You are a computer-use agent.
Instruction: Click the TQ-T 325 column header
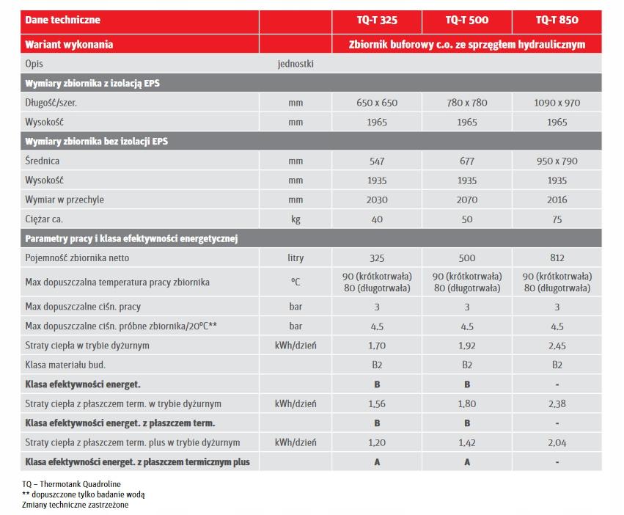pos(377,21)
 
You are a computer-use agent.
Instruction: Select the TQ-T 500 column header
pos(466,21)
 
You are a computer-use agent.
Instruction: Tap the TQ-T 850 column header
pos(557,21)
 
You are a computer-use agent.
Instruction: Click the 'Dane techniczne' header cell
pos(62,21)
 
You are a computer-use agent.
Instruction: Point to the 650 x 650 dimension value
pos(377,103)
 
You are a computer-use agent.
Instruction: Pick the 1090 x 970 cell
pos(557,103)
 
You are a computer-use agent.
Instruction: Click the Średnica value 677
pos(466,161)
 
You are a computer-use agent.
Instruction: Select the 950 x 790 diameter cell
pos(557,161)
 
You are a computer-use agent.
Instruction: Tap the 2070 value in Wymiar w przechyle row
pos(466,200)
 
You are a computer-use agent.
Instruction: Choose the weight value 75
pos(557,219)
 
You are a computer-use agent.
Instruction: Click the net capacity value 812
pos(557,257)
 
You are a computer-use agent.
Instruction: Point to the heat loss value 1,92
pos(466,346)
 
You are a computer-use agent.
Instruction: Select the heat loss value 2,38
pos(557,403)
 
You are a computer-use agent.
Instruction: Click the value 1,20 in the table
pos(377,442)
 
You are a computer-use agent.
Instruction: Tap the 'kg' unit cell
pos(296,219)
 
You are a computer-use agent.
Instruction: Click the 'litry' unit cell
pos(296,257)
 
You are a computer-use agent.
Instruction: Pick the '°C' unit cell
pos(296,282)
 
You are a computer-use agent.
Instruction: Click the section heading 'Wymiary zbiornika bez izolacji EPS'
pos(96,141)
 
